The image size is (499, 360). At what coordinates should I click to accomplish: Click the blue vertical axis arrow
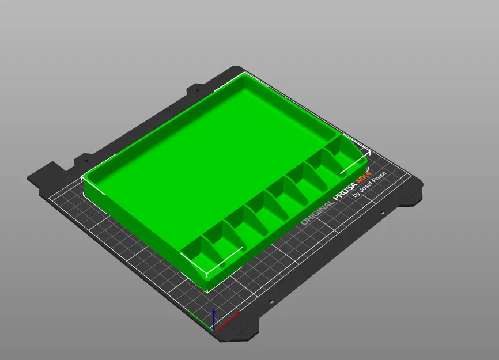(214, 319)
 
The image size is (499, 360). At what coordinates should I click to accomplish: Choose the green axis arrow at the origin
(198, 317)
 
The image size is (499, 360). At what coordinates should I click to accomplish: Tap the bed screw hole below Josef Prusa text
(382, 214)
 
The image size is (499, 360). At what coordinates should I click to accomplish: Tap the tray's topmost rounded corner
(245, 77)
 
